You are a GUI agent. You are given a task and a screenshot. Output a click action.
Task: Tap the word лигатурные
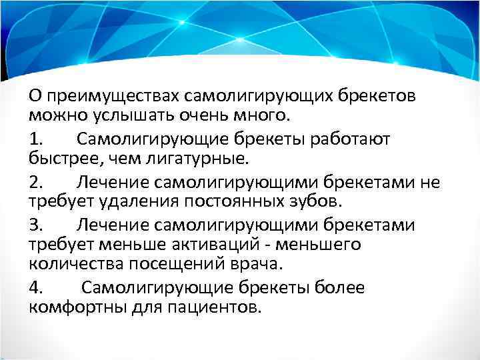(x=203, y=159)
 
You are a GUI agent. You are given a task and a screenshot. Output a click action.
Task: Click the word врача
(x=258, y=265)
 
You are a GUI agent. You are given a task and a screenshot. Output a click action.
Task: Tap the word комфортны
(x=74, y=308)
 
